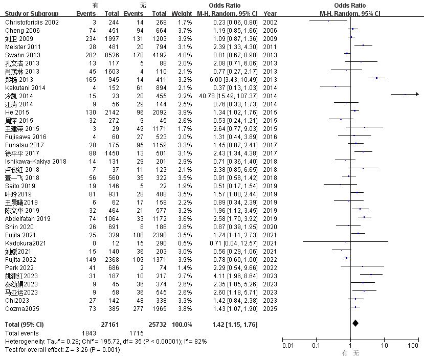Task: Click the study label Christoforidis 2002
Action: (x=32, y=22)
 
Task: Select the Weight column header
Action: (x=182, y=13)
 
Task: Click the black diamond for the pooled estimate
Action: (x=355, y=323)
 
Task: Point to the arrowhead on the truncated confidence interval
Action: (x=417, y=94)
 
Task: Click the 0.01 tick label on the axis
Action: (x=288, y=345)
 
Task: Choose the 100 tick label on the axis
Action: (x=413, y=345)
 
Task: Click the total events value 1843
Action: (x=89, y=333)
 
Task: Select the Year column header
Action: (x=270, y=13)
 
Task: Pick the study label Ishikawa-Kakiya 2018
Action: (x=36, y=162)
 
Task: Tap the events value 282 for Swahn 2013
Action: (x=91, y=55)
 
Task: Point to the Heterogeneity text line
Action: (x=106, y=342)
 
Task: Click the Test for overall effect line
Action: (x=62, y=349)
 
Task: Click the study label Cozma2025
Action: (x=22, y=309)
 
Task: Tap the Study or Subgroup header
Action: (x=32, y=13)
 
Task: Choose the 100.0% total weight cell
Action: (x=182, y=325)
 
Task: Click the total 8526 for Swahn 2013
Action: (x=112, y=55)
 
